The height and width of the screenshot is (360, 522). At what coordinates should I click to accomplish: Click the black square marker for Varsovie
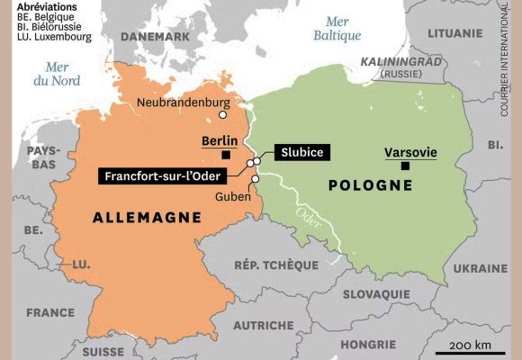coord(406,166)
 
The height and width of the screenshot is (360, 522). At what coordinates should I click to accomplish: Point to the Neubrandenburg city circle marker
coord(223,115)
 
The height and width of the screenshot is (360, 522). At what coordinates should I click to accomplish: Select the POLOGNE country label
coord(370,185)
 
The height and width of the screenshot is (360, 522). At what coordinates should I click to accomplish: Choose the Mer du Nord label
coord(58,73)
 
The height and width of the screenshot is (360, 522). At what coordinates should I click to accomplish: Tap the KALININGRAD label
coord(402,61)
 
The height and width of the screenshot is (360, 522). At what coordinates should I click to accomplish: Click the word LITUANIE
coord(454,32)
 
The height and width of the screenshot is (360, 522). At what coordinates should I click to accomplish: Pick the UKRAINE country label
coord(480,268)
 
